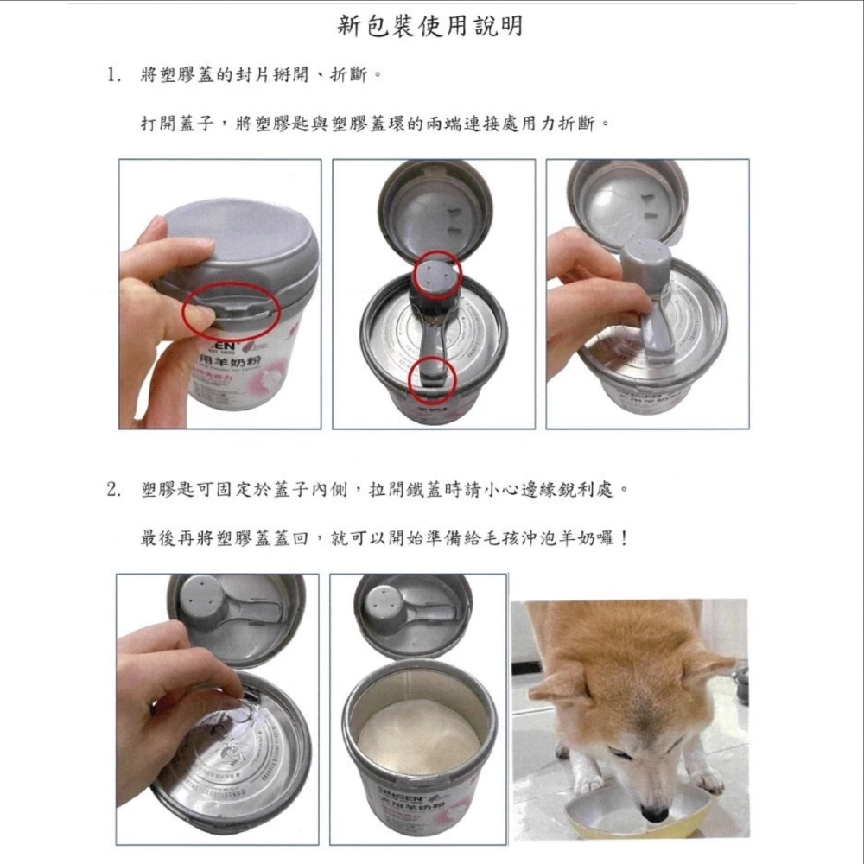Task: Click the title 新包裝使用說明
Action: pos(429,27)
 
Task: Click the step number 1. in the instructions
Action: pos(113,75)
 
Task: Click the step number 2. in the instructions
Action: pos(113,490)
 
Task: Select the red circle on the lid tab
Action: pos(231,310)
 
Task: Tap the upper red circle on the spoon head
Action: pos(436,276)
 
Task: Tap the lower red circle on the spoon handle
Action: pos(431,381)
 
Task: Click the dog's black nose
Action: pos(655,813)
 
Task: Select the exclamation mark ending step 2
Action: pos(623,538)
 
